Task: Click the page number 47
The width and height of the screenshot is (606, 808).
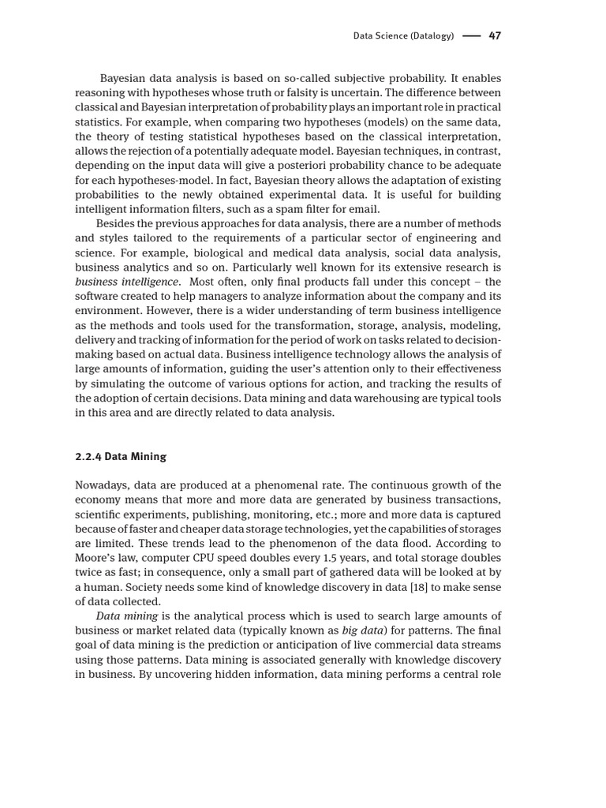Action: click(495, 36)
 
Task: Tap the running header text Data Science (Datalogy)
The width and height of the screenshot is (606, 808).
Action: click(403, 36)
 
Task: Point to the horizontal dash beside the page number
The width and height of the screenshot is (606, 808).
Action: click(471, 36)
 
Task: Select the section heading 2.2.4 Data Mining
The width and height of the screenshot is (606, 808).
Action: click(121, 456)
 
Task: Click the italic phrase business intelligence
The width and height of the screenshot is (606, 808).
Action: click(127, 282)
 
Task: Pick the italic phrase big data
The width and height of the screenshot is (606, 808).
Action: click(361, 630)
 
